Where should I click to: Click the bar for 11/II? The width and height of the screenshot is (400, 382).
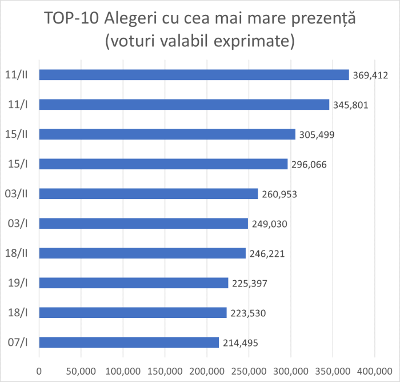(x=194, y=75)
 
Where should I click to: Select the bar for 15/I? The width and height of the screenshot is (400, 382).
(x=163, y=164)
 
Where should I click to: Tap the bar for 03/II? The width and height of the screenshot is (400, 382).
(x=149, y=194)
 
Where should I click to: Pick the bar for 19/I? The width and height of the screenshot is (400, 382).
(x=134, y=282)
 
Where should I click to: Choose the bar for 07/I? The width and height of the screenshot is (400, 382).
(x=129, y=342)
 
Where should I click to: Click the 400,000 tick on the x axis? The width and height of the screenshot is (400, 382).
(x=375, y=371)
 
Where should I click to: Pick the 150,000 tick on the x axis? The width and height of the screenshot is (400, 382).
(x=165, y=371)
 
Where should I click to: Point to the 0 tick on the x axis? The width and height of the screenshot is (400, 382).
(x=39, y=371)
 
